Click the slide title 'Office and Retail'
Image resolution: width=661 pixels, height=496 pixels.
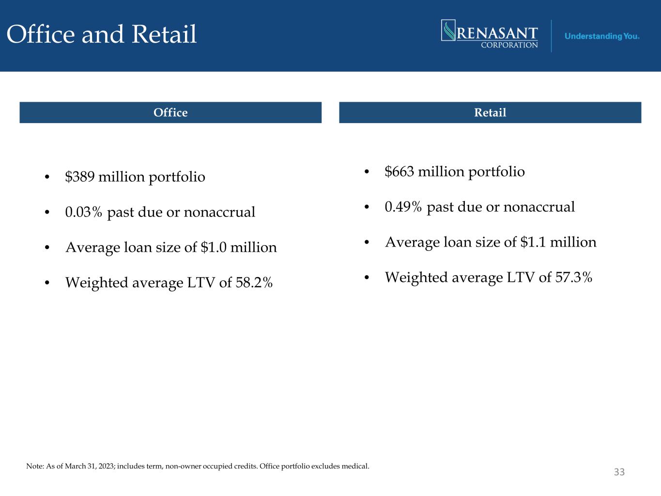102,34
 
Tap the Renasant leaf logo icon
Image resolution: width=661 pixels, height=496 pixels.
448,30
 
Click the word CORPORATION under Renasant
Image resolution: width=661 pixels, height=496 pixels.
509,45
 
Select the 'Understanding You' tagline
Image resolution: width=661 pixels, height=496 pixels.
601,36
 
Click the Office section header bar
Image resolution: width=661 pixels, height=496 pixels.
170,112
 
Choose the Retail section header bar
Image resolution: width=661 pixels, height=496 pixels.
490,112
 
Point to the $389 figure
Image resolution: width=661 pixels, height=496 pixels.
80,176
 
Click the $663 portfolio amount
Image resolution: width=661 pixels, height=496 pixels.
400,171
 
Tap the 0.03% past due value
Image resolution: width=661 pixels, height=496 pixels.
84,212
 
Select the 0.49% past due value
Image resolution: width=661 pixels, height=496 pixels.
403,207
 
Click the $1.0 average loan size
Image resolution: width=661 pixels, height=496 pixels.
213,247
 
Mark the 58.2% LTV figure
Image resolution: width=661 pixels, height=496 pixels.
254,282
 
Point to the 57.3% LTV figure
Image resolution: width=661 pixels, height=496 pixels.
574,278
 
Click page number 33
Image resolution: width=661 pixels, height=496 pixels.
619,472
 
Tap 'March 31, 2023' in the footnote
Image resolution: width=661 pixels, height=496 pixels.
90,466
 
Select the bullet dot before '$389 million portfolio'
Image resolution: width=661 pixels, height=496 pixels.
46,177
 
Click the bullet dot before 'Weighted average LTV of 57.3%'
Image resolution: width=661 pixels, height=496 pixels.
367,278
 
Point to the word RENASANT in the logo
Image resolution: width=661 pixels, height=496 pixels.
497,33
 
